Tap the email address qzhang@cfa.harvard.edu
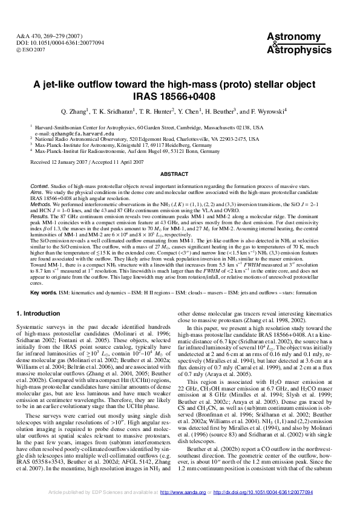[80, 134]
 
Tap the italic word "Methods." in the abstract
[41, 204]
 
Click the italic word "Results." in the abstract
[39, 215]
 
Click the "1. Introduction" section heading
[38, 314]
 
